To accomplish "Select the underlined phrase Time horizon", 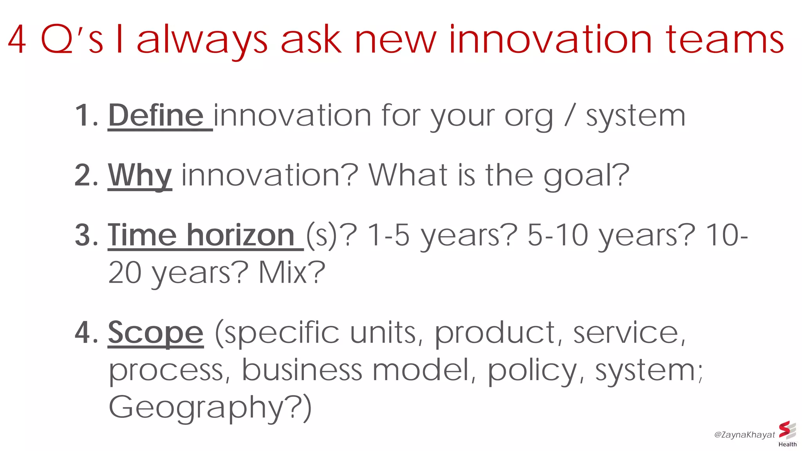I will tap(201, 235).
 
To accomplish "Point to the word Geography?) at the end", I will tap(210, 408).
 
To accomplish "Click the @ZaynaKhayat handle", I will tap(744, 435).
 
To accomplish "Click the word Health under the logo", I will tap(788, 444).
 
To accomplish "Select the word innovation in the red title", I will tap(550, 40).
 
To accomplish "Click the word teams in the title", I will tap(725, 40).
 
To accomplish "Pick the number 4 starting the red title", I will tap(17, 40).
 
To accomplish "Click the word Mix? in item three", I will tap(292, 272).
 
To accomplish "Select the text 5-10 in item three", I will tap(558, 235).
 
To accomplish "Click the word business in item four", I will tap(302, 370).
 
